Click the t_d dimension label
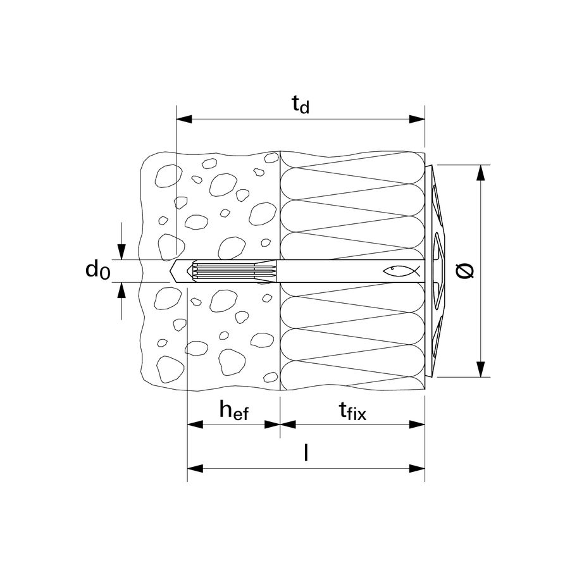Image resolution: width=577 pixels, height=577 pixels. [301, 104]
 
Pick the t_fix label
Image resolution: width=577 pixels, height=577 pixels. [352, 411]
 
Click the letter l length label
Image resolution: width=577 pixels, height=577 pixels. [306, 452]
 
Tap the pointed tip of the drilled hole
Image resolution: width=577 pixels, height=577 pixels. [170, 271]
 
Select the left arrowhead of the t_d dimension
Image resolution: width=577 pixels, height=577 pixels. [184, 119]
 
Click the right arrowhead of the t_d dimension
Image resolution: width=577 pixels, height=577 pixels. [418, 119]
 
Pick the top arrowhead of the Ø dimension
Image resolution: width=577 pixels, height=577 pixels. [480, 173]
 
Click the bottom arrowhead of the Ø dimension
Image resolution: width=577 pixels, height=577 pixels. [480, 369]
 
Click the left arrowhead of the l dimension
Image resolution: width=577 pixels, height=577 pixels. [195, 468]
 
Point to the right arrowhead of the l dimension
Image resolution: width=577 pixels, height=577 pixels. [418, 468]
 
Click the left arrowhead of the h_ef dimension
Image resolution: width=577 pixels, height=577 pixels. [195, 425]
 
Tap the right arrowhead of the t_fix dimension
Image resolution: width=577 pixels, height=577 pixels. [418, 425]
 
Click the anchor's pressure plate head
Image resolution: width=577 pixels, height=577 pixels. [436, 271]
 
